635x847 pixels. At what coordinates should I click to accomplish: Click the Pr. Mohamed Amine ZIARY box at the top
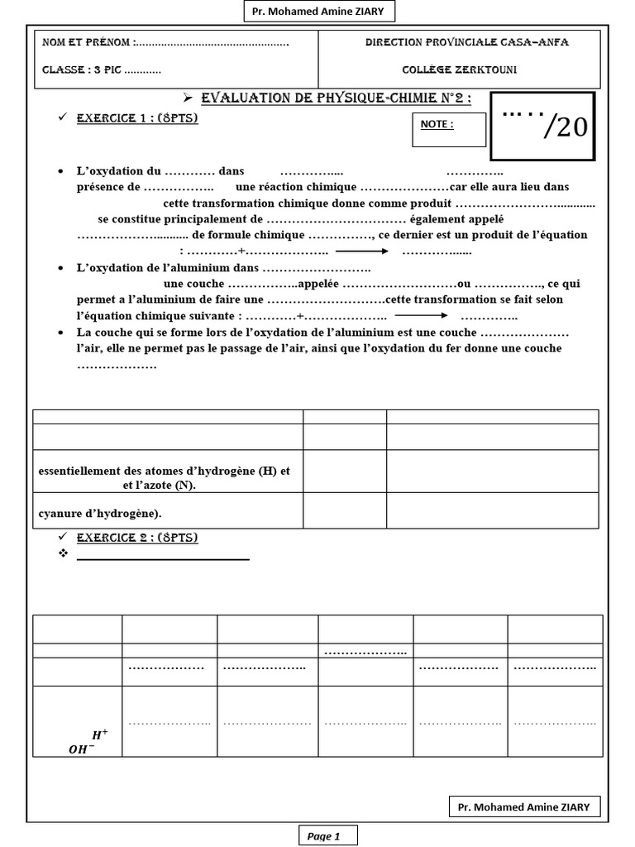point(317,12)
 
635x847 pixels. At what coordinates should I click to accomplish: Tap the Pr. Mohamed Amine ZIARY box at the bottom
point(524,806)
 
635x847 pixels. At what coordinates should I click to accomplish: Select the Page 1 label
point(324,836)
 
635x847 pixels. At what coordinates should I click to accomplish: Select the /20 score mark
point(565,127)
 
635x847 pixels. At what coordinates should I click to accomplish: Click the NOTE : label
point(437,125)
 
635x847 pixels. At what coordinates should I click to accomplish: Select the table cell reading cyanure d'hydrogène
point(101,514)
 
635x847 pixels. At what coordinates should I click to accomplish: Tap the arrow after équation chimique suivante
point(421,316)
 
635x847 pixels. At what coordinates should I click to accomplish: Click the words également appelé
point(456,219)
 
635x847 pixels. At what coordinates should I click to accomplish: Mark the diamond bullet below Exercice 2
point(63,553)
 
